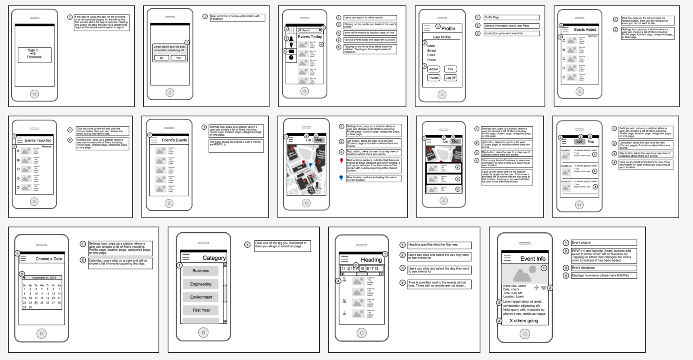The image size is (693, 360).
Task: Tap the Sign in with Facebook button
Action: tap(35, 54)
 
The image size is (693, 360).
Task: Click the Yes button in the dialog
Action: tap(178, 58)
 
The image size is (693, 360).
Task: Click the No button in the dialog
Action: tap(161, 58)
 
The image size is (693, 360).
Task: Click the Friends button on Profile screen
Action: tap(433, 78)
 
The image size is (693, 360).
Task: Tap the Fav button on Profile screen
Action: tap(450, 69)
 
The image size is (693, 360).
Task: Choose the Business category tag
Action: tap(200, 271)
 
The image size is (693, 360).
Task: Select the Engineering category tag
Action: tap(200, 284)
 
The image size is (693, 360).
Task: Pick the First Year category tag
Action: tap(201, 310)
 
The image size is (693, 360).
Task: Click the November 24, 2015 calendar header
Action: tap(44, 278)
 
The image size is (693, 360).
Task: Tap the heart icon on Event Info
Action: tap(544, 288)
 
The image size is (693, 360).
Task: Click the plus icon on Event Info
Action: tap(536, 288)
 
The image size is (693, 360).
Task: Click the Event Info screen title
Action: tap(532, 259)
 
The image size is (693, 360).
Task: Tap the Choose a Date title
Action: tap(48, 259)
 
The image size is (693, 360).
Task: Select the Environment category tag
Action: tap(201, 297)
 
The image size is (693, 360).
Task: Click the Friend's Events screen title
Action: tap(174, 140)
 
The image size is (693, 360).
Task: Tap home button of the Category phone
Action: tap(203, 333)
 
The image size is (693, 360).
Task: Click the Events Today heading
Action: tap(309, 37)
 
